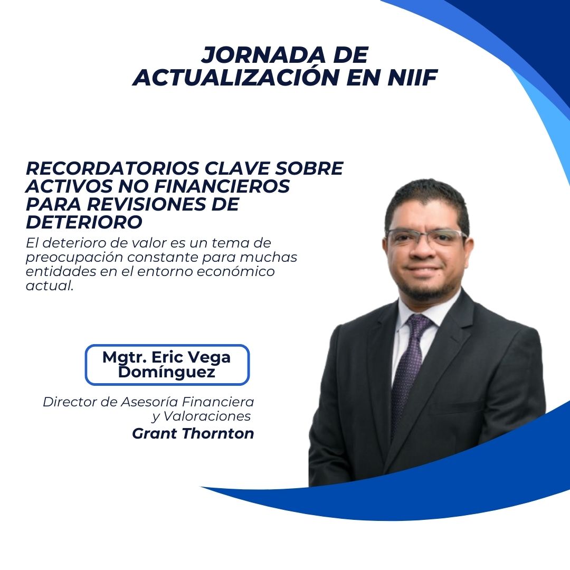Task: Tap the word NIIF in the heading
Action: coord(412,77)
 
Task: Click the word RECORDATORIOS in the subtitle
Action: coord(112,168)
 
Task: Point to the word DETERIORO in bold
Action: coord(84,222)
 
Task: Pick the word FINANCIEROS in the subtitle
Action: coord(222,186)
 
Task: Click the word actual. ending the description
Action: coord(50,286)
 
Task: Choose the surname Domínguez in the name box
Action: coord(166,372)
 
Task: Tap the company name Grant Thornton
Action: coord(193,433)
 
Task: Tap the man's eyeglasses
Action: coord(426,236)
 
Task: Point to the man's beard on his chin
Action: coord(426,289)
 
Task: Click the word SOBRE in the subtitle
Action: coord(309,168)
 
